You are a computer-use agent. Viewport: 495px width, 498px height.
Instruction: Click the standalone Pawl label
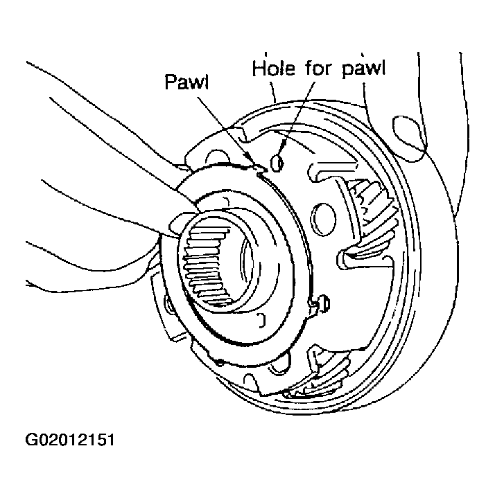click(187, 82)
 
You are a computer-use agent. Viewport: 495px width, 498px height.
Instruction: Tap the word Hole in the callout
click(274, 68)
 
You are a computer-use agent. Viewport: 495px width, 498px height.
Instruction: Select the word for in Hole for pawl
click(320, 68)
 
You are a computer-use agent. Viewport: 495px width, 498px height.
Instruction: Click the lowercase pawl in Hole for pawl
click(364, 69)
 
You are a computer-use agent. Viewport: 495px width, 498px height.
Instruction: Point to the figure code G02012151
click(69, 440)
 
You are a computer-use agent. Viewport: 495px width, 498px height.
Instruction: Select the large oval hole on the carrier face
click(323, 219)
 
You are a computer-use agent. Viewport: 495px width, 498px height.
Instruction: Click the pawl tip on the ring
click(260, 168)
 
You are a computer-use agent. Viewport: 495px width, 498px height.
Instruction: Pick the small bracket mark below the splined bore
click(261, 320)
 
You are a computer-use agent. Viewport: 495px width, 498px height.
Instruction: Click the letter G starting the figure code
click(31, 440)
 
